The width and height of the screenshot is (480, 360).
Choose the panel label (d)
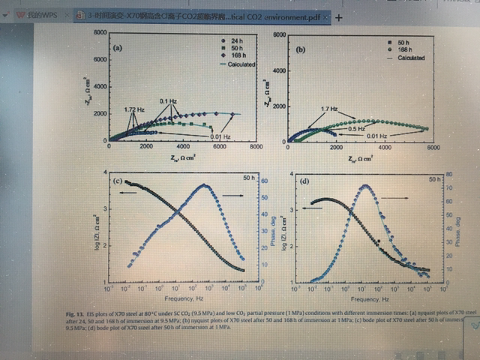point(305,181)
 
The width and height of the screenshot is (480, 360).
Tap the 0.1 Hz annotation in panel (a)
point(167,100)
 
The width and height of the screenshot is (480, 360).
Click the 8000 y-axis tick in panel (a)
point(97,34)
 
